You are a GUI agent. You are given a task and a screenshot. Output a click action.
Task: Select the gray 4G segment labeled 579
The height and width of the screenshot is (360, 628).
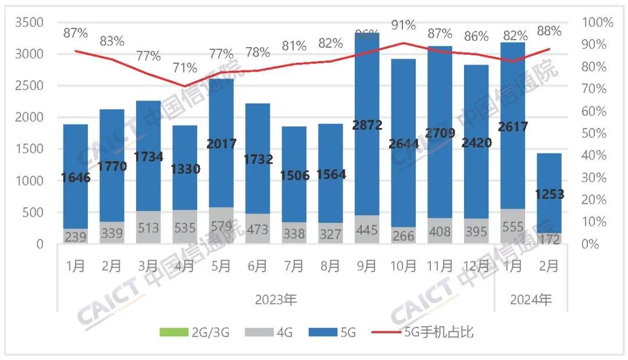tap(221, 225)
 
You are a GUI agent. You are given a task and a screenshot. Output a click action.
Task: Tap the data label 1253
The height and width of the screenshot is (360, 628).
tap(549, 194)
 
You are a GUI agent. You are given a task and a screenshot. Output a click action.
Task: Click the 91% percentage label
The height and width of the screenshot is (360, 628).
tap(403, 25)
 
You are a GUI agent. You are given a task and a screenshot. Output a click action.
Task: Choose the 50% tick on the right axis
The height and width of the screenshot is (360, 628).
tap(598, 133)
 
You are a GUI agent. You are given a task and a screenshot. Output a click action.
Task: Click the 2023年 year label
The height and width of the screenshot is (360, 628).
tap(275, 301)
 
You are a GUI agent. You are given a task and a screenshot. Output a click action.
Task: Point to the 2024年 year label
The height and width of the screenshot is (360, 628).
tap(530, 301)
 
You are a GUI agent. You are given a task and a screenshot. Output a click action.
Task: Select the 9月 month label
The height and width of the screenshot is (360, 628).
tap(366, 266)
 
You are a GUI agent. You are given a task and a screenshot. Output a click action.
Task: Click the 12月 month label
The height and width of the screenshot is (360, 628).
tap(476, 266)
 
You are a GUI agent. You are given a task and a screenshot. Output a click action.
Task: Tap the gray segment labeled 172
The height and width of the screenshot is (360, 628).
tap(549, 238)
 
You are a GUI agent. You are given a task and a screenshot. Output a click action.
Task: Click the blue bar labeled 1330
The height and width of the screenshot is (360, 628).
tap(184, 169)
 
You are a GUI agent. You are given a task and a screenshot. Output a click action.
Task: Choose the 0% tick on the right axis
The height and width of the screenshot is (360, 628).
tap(594, 244)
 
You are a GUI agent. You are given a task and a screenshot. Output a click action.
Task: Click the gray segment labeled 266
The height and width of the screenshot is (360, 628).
tap(403, 235)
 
